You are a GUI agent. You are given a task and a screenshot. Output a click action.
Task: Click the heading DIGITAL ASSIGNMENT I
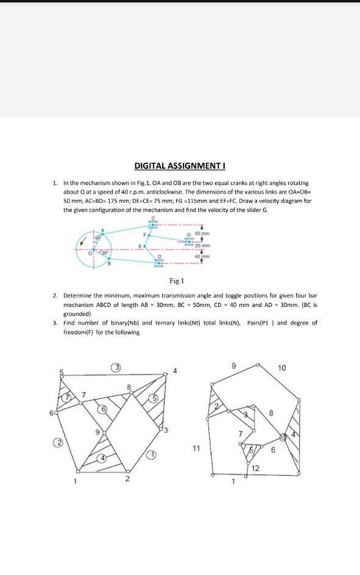pyautogui.click(x=180, y=166)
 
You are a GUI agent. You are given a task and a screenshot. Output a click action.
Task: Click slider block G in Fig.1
pyautogui.click(x=189, y=241)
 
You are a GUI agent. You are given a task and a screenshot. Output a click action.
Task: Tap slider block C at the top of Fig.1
pyautogui.click(x=154, y=224)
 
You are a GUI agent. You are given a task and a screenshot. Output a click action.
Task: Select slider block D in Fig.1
pyautogui.click(x=159, y=263)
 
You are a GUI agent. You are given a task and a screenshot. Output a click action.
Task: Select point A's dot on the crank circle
pyautogui.click(x=103, y=234)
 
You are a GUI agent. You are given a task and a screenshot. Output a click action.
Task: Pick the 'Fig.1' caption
pyautogui.click(x=177, y=281)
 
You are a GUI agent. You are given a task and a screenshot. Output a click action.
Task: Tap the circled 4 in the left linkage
pyautogui.click(x=103, y=458)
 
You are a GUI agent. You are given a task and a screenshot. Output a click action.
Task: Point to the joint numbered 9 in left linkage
pyautogui.click(x=104, y=433)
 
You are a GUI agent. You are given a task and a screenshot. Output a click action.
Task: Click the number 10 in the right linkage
pyautogui.click(x=281, y=368)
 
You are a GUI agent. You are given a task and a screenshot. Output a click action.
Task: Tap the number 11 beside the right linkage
pyautogui.click(x=196, y=448)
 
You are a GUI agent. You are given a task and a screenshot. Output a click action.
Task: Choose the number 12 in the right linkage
pyautogui.click(x=255, y=468)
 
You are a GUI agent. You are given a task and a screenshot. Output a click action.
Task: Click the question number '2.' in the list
pyautogui.click(x=55, y=295)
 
